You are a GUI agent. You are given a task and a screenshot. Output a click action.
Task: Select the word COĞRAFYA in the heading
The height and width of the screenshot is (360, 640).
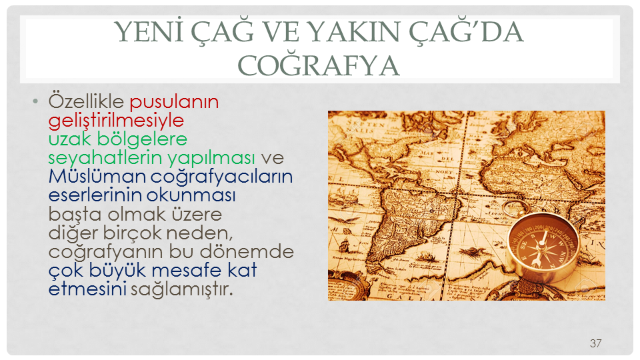[x=319, y=65]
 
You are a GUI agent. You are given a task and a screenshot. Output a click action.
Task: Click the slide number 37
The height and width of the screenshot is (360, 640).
[x=595, y=343]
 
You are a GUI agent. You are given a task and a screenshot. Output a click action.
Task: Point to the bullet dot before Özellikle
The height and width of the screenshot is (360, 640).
[x=35, y=101]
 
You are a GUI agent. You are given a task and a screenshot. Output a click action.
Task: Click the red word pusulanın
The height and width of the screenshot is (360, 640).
[x=174, y=102]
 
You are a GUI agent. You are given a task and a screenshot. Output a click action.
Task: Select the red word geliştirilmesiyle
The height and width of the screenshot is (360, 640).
[x=116, y=121]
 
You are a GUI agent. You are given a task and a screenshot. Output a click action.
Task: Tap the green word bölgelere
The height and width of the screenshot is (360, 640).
[x=142, y=139]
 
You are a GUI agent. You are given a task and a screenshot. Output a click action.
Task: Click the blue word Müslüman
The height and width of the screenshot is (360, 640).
[x=97, y=176]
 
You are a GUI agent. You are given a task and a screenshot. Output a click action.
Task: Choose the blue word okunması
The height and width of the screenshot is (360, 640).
[x=191, y=195]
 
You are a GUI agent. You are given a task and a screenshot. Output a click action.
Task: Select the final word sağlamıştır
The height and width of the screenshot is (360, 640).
[x=181, y=289]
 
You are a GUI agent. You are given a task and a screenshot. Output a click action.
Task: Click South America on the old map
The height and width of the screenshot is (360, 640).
[x=408, y=224]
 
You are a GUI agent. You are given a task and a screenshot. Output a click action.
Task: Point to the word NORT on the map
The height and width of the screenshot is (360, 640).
[x=444, y=172]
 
